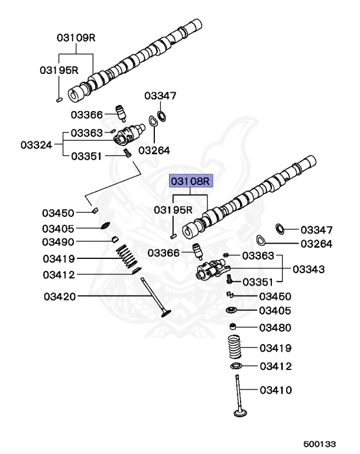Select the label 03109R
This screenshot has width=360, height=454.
point(76,37)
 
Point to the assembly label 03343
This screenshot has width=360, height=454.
point(309,270)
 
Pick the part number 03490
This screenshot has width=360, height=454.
point(58,242)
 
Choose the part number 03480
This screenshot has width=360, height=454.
point(275,327)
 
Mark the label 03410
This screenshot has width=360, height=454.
point(275,390)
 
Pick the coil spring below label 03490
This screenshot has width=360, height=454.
point(125,258)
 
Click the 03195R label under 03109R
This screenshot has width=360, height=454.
point(59,70)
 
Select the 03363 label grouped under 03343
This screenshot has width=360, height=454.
point(258,255)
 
